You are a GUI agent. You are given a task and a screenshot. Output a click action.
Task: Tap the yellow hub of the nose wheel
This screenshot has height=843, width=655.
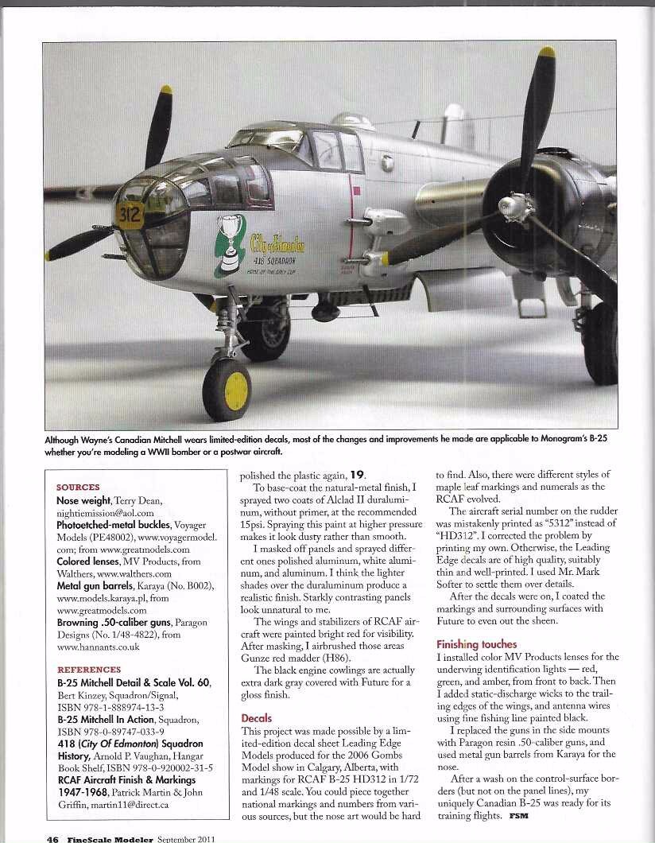tap(237, 391)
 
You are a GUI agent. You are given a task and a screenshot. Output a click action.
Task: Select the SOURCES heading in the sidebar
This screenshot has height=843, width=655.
tap(78, 488)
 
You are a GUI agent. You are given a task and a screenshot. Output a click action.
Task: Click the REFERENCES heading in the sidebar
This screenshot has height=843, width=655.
tap(89, 670)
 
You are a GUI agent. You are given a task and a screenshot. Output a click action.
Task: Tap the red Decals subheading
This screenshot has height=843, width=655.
tap(256, 718)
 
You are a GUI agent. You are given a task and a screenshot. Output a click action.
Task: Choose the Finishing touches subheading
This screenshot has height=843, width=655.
tap(476, 644)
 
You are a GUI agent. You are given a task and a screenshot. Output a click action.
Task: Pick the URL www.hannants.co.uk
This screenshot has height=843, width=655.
tap(98, 647)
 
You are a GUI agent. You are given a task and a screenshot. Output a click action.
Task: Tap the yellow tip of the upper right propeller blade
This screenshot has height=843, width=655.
tap(546, 52)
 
